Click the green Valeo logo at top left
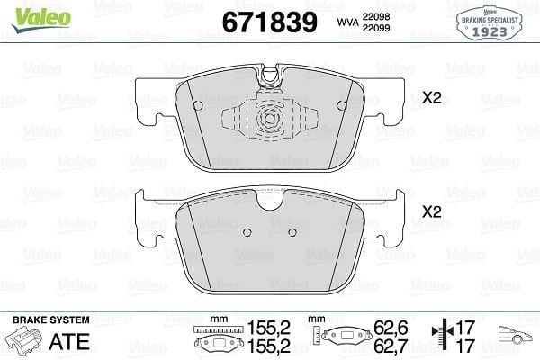[x=41, y=19]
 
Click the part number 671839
[x=270, y=22]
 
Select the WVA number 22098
[x=375, y=16]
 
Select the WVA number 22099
[x=375, y=28]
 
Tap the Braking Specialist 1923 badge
[x=490, y=23]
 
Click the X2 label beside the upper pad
[x=431, y=98]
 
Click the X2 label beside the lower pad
[x=431, y=211]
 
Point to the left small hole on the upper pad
[x=198, y=105]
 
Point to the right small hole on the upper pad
[x=342, y=105]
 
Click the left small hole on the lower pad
[x=247, y=232]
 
